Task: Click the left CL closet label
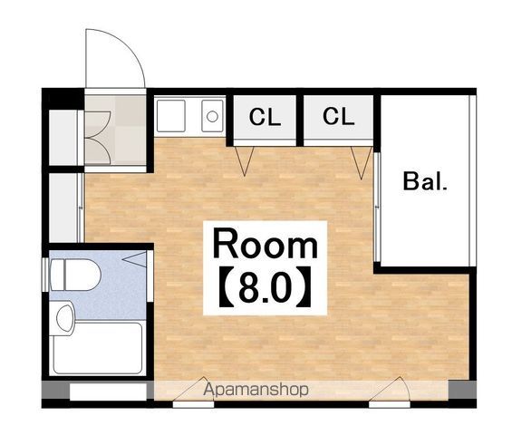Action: (265, 117)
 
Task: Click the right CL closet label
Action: (339, 116)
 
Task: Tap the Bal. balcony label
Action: (425, 181)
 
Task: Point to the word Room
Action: (266, 244)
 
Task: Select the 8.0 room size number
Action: (265, 287)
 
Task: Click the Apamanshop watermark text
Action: (256, 390)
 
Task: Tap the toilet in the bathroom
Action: (75, 275)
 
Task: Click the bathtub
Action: (98, 347)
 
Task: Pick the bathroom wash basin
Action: (65, 318)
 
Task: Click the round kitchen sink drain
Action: (212, 116)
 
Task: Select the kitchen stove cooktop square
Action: (171, 116)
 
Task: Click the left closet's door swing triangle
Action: (245, 161)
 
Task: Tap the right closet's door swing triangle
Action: (362, 162)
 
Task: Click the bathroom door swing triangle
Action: (135, 259)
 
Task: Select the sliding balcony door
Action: (377, 207)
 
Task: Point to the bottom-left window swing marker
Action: (193, 389)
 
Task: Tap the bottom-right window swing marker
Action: (390, 389)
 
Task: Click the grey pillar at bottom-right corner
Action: (462, 390)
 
